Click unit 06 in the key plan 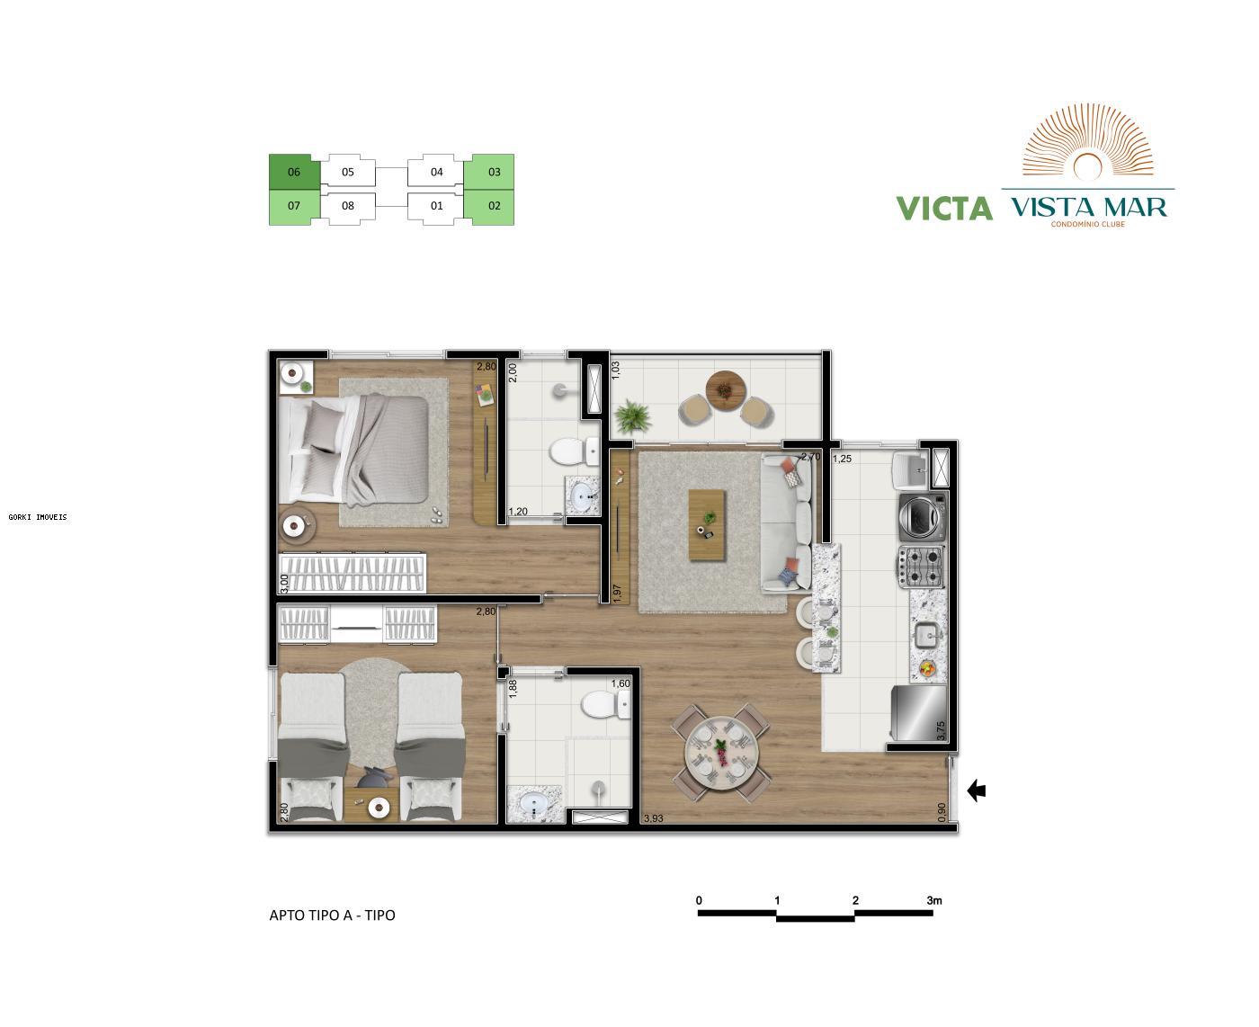pyautogui.click(x=294, y=172)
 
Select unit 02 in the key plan pyautogui.click(x=494, y=206)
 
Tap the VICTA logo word pyautogui.click(x=944, y=209)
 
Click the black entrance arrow pyautogui.click(x=976, y=790)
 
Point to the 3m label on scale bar pyautogui.click(x=933, y=900)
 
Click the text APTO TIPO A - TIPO pyautogui.click(x=332, y=915)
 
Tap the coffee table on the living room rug pyautogui.click(x=707, y=525)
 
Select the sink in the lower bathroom pyautogui.click(x=535, y=803)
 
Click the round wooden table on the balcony pyautogui.click(x=725, y=388)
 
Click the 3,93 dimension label pyautogui.click(x=654, y=819)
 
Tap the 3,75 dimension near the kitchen pyautogui.click(x=942, y=731)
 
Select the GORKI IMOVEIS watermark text pyautogui.click(x=38, y=517)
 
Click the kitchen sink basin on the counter pyautogui.click(x=926, y=637)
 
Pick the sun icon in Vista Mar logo pyautogui.click(x=1089, y=165)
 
